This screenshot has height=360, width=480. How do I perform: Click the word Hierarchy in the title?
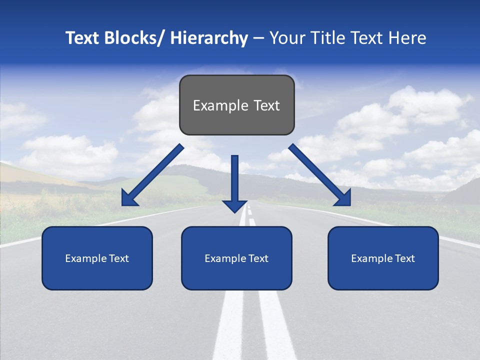[x=209, y=38]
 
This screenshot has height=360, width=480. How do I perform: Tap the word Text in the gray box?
[x=266, y=105]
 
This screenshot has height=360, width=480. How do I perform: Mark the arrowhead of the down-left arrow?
[x=128, y=199]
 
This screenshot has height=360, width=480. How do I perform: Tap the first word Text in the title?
[x=83, y=38]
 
